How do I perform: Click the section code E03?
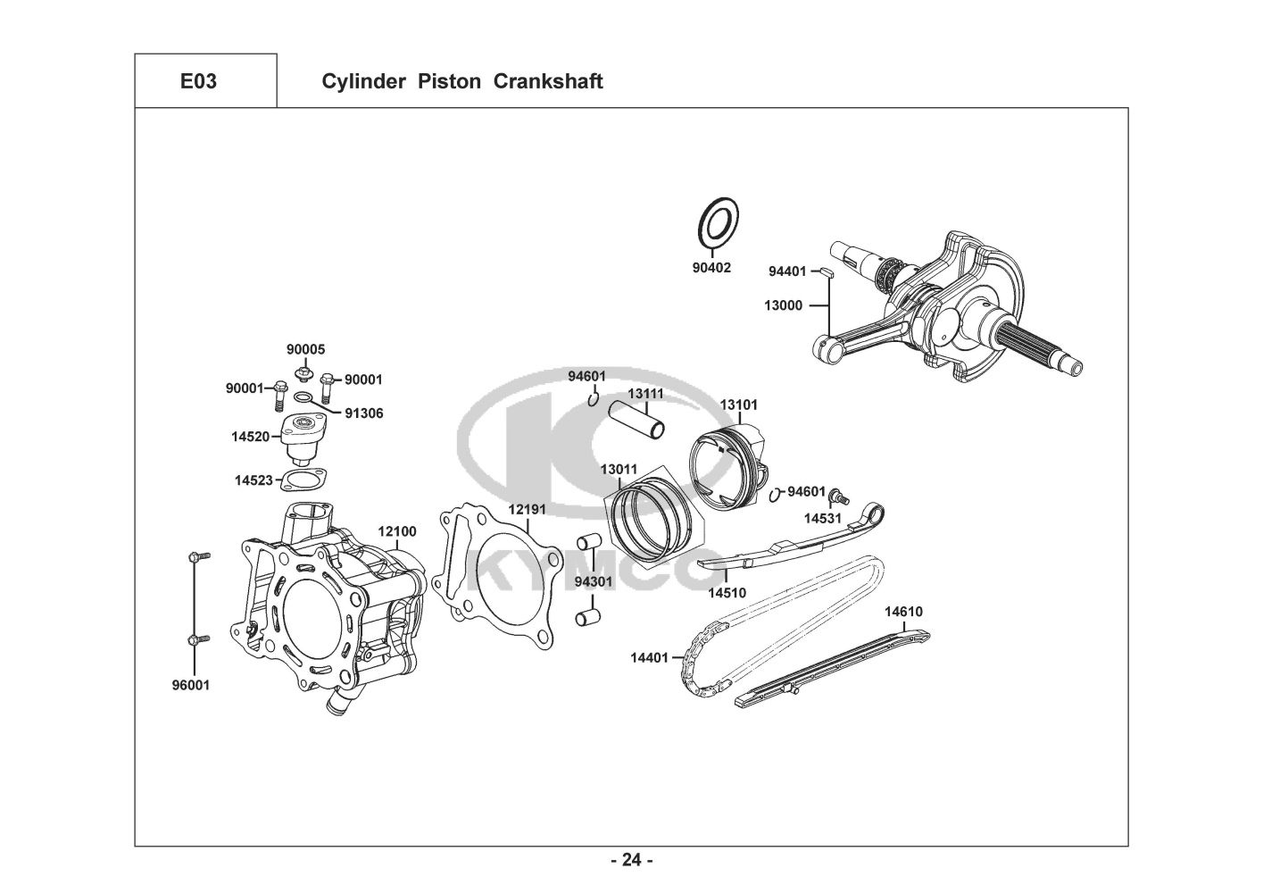click(198, 81)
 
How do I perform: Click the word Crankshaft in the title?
click(548, 81)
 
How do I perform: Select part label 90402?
click(711, 267)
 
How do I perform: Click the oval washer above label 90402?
click(719, 223)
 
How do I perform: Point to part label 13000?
click(783, 305)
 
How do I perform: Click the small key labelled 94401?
click(827, 271)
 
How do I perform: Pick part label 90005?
click(305, 349)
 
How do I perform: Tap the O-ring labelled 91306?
click(304, 398)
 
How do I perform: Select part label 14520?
click(250, 436)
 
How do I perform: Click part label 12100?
click(397, 530)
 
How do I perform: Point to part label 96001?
click(191, 685)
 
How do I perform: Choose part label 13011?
click(619, 469)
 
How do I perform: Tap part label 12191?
click(528, 509)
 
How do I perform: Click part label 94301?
click(594, 581)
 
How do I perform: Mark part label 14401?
click(649, 657)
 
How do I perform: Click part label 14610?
click(904, 612)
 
